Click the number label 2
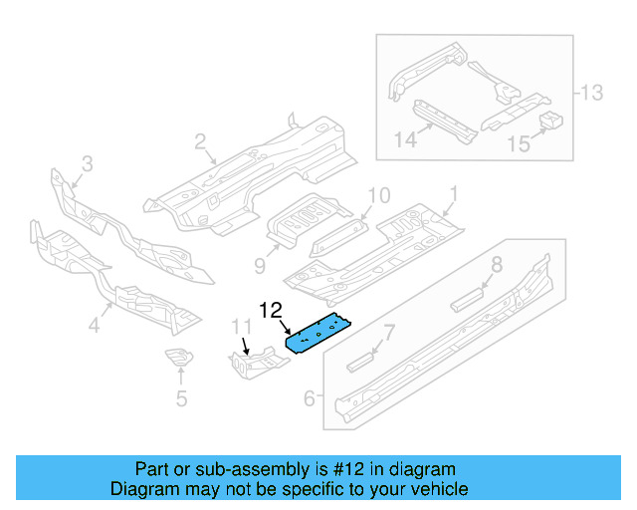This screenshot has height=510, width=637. [200, 141]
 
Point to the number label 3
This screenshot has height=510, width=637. [87, 163]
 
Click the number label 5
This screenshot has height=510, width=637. [180, 399]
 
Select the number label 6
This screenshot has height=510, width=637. [310, 398]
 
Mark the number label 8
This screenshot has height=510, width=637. [495, 264]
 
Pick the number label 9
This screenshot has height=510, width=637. [259, 265]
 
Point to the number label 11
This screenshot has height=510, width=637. [243, 327]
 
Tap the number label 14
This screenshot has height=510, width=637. [404, 140]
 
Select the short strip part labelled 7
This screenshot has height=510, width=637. [360, 359]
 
